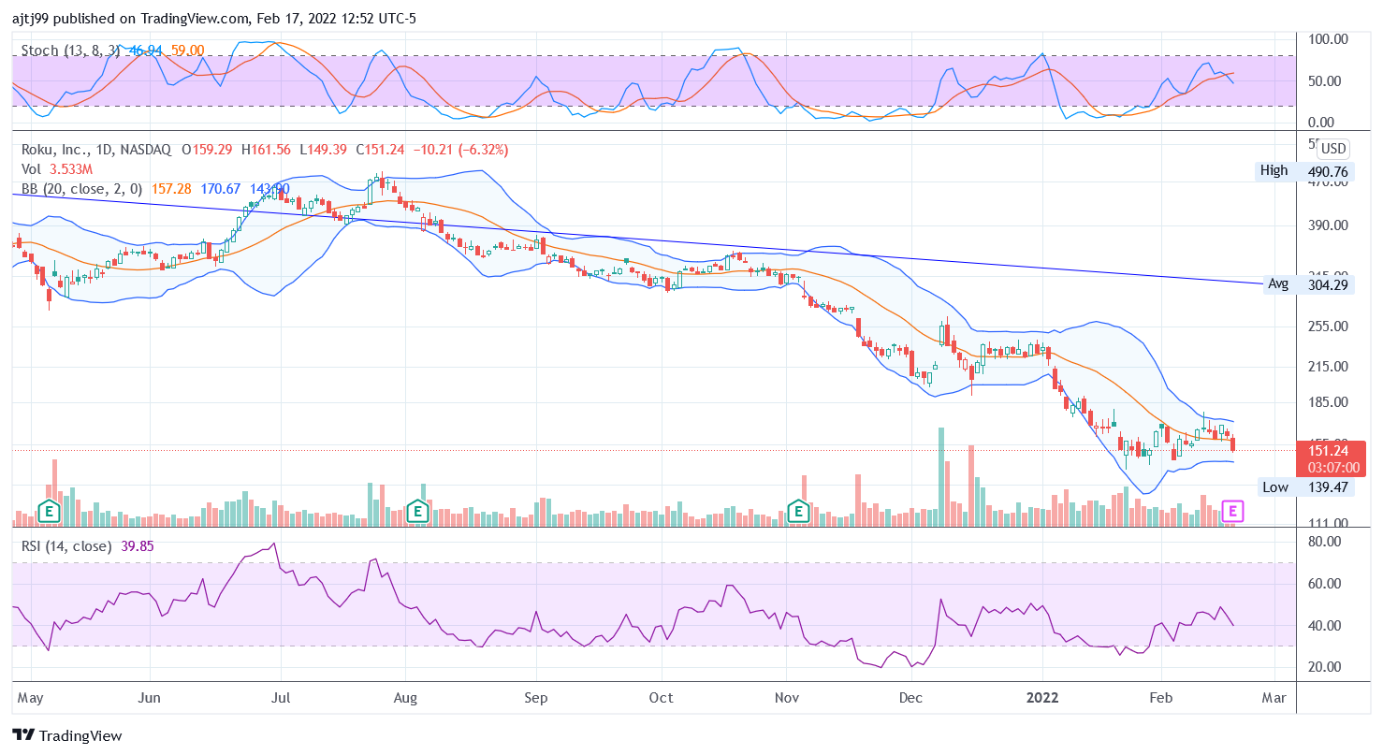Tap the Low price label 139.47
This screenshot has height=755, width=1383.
1327,487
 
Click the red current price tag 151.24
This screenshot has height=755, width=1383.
1327,450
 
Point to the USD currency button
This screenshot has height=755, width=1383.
1333,149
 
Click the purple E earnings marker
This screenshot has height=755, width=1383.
1234,511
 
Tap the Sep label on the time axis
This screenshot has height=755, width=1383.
536,698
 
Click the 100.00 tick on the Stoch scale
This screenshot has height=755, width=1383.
1328,39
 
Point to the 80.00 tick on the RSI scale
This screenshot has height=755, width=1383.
1327,542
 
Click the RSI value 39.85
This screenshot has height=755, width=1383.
138,546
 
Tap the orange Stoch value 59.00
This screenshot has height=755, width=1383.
187,51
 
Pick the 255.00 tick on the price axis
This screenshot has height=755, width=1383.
1327,327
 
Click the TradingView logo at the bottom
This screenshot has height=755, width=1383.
67,735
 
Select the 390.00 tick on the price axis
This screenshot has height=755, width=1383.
1327,225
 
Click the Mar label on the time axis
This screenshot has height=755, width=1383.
1274,698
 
